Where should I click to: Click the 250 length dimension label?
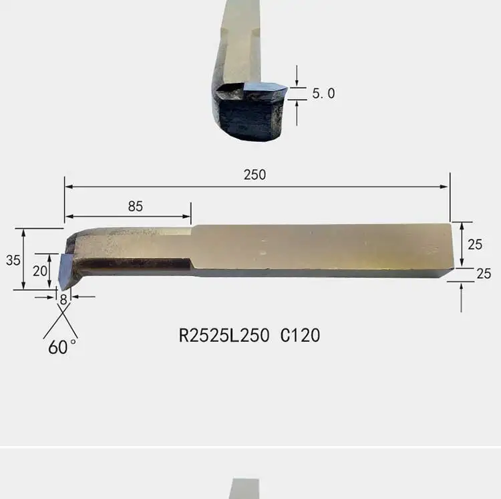point(255,175)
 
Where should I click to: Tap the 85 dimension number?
point(135,206)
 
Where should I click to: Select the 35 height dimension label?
point(13,260)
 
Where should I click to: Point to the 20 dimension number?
point(40,272)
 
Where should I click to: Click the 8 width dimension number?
point(63,300)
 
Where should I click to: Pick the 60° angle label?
point(62,347)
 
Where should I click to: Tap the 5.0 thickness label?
point(323,94)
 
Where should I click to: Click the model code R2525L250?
point(224,336)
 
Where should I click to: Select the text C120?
point(300,336)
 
